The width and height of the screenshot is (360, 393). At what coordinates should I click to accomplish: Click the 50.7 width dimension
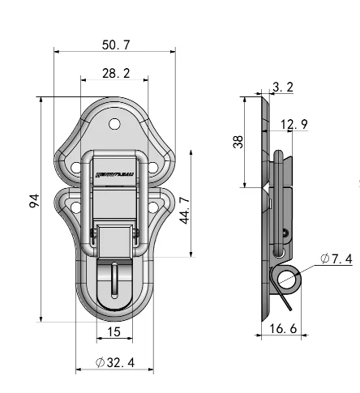pos(114,46)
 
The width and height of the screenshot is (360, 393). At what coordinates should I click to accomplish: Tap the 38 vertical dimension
pos(238,142)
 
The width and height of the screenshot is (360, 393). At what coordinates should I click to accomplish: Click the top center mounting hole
pos(115,125)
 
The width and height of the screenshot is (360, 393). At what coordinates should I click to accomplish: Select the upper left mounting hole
pos(75,167)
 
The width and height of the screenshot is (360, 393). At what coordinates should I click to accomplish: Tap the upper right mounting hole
pos(154,167)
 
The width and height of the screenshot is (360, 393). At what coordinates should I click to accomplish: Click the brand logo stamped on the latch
pos(114,173)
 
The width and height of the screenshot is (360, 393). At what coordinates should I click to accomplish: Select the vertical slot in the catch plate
pos(114,279)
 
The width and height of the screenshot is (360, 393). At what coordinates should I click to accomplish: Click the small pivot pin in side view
pos(283,236)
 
